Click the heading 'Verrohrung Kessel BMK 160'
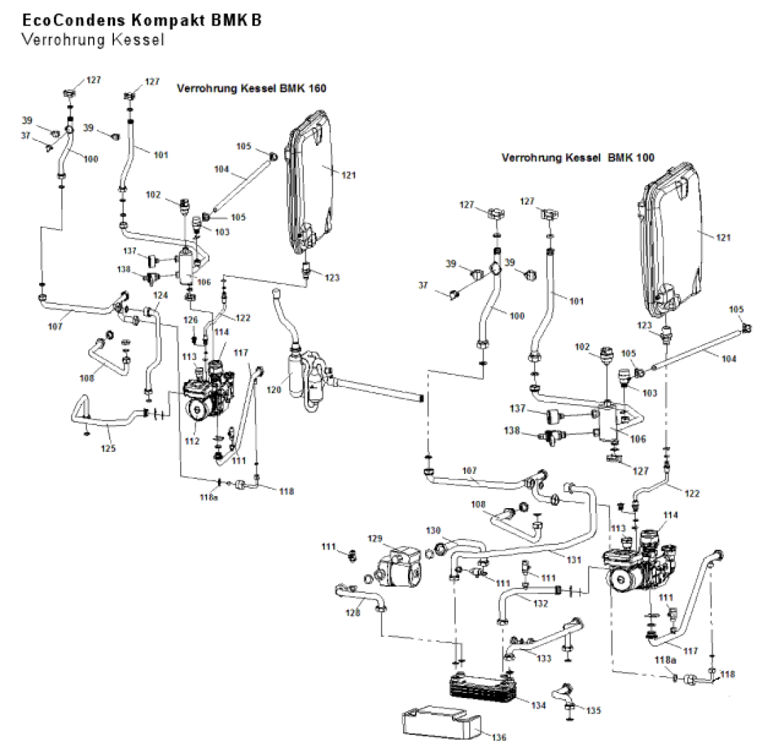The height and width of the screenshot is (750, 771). (251, 89)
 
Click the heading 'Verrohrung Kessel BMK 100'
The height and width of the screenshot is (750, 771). (577, 157)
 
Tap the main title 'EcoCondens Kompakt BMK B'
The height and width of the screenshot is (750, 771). (142, 20)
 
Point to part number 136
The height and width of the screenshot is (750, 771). (499, 738)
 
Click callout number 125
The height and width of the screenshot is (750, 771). (109, 448)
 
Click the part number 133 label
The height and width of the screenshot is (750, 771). (544, 659)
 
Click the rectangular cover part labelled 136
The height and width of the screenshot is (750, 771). (441, 723)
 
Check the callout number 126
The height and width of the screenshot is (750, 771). (190, 320)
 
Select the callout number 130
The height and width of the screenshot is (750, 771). (434, 530)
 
